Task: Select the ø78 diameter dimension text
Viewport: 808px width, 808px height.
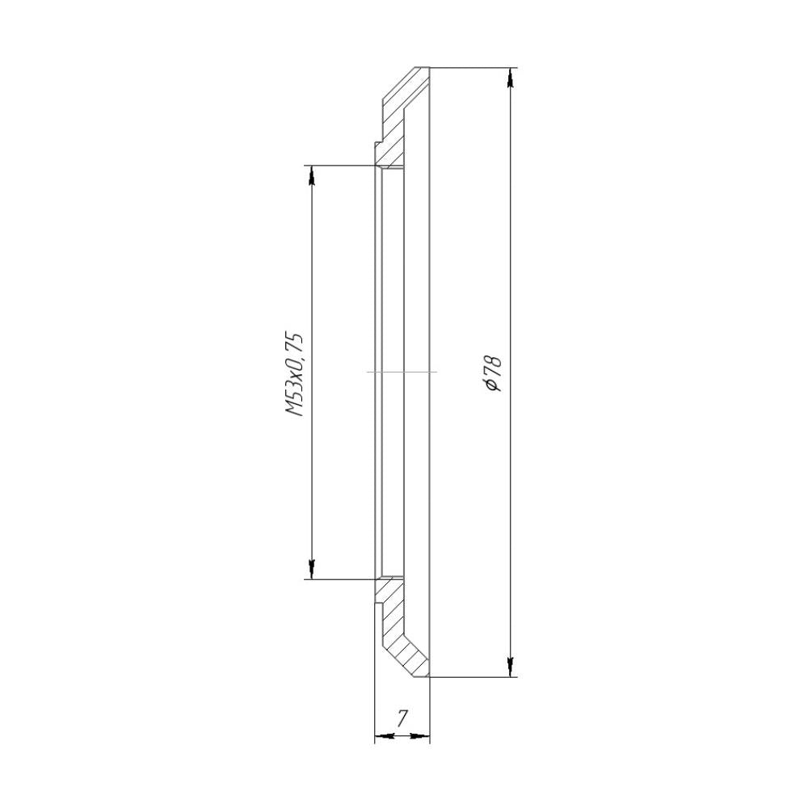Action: point(492,373)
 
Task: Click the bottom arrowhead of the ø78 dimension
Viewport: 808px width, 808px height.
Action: point(510,666)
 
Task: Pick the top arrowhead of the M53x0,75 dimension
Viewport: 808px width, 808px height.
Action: point(310,176)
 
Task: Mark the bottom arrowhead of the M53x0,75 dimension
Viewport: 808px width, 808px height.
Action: point(310,569)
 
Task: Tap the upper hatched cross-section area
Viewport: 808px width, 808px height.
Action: point(396,121)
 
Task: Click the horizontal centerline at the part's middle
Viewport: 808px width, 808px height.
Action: point(402,372)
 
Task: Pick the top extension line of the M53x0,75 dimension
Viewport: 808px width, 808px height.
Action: point(339,166)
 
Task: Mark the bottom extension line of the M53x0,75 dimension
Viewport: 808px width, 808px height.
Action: point(339,579)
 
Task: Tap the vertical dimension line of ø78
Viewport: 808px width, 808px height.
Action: point(510,242)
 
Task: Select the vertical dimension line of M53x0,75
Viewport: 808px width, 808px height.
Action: point(310,259)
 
